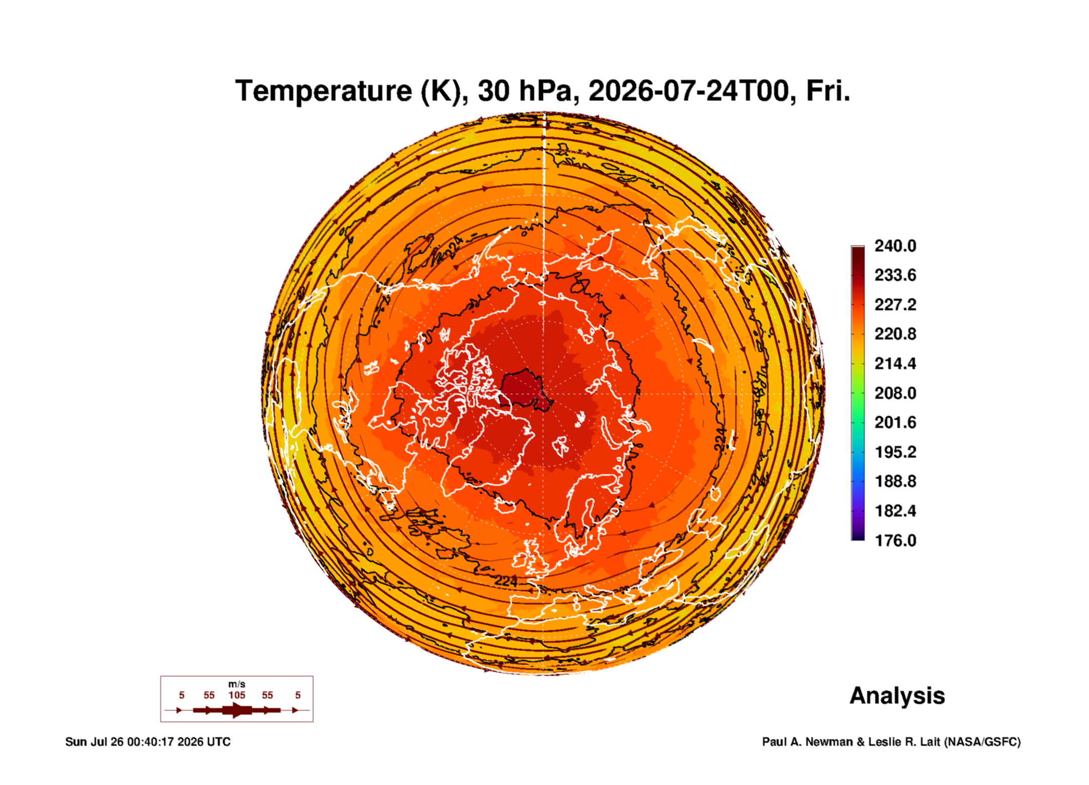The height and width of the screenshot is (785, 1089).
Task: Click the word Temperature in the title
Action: (324, 91)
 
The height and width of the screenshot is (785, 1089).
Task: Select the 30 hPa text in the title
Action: (525, 91)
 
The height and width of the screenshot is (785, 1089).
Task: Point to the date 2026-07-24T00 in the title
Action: (689, 91)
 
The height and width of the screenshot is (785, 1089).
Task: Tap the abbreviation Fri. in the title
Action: (828, 91)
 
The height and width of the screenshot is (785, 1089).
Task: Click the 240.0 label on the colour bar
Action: (895, 246)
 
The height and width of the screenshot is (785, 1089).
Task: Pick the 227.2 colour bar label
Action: (895, 305)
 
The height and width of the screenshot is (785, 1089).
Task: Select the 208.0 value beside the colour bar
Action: (895, 393)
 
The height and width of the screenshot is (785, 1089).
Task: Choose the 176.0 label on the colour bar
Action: (895, 541)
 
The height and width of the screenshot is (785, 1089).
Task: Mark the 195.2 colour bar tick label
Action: (895, 452)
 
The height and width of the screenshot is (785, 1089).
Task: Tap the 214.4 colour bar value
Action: (895, 364)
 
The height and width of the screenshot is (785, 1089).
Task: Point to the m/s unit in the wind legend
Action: (237, 684)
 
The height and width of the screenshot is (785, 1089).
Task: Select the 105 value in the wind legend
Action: (237, 695)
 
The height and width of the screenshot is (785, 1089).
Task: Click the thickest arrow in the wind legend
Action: (237, 710)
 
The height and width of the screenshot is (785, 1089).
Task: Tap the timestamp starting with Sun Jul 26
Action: (148, 742)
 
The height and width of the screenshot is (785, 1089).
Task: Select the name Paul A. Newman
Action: (808, 742)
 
